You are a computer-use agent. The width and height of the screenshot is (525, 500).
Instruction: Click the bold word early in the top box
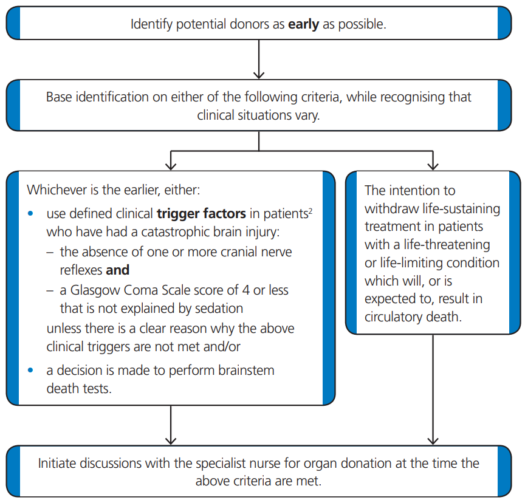(x=303, y=25)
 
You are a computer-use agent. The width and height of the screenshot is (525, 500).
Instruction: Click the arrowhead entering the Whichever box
(x=171, y=165)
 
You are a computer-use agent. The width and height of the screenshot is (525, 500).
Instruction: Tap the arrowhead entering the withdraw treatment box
(x=433, y=165)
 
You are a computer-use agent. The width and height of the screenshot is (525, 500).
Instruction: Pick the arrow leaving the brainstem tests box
(x=171, y=425)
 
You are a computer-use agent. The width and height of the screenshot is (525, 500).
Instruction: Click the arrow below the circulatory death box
(x=433, y=389)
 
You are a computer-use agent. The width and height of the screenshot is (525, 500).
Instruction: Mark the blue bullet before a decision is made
(x=32, y=370)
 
